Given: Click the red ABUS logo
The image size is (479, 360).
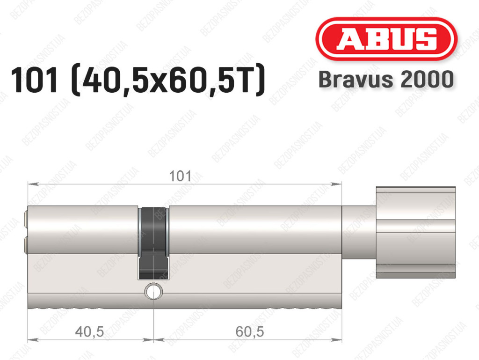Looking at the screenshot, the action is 386,38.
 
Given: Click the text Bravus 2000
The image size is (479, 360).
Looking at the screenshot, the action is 386,79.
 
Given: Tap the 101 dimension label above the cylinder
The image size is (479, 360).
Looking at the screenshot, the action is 180,176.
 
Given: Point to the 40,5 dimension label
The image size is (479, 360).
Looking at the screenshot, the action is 89,331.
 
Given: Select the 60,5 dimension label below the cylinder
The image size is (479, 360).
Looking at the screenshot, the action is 250,331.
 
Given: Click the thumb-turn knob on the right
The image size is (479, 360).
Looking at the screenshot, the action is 416,232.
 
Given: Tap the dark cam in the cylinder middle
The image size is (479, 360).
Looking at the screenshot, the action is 153,243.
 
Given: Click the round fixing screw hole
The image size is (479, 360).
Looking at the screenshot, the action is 153,291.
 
